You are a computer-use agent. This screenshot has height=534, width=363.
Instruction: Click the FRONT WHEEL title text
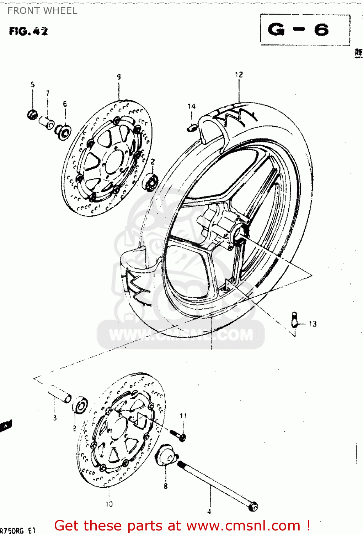point(42,11)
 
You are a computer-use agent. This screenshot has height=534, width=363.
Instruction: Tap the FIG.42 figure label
point(28,31)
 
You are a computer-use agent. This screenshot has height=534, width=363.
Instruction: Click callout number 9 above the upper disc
point(119,77)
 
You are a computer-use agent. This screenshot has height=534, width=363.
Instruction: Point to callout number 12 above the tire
point(239,74)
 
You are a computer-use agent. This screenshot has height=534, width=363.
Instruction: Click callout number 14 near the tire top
point(192,106)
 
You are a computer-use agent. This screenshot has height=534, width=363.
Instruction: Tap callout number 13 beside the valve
point(313,324)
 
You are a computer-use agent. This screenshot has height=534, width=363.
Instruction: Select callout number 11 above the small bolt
point(183,416)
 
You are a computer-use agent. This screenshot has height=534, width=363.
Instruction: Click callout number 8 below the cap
point(165,486)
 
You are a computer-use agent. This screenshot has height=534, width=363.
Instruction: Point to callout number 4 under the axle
point(209,512)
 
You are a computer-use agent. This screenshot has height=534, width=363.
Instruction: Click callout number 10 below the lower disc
point(109,504)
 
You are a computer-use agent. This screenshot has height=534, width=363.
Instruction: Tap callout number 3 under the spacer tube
point(55,418)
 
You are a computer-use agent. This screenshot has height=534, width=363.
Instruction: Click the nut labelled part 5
point(32,115)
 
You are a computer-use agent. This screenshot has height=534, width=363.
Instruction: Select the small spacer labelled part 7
point(47,122)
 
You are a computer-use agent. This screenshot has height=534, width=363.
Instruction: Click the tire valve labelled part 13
point(294,319)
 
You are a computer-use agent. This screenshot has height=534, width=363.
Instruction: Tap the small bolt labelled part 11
point(178,435)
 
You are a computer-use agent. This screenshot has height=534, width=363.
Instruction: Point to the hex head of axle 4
point(253,506)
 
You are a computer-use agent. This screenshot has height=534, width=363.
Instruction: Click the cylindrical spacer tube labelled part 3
point(60,394)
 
